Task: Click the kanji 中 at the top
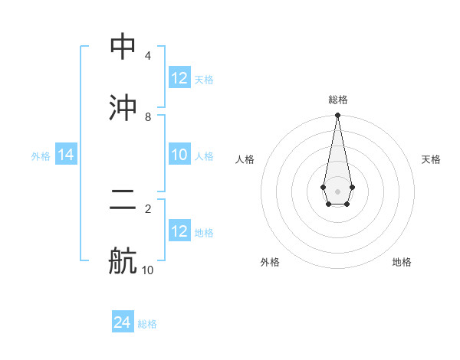pos(123,47)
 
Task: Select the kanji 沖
pos(123,107)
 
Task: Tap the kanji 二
pos(123,201)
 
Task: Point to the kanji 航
pos(123,260)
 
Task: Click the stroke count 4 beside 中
pos(148,56)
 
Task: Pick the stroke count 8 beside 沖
pos(148,116)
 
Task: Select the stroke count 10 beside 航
pos(148,270)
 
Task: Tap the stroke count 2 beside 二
pos(148,208)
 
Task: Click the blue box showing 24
pos(123,322)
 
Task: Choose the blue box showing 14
pos(66,155)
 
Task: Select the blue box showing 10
pos(179,155)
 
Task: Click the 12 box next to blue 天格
pos(179,78)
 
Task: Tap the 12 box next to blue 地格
pos(179,231)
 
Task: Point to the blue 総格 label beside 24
pos(147,324)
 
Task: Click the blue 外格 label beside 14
pos(41,156)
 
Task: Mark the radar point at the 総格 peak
pos(337,116)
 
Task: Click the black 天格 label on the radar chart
pos(432,159)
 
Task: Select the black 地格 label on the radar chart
pos(402,262)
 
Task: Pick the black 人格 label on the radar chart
pos(245,159)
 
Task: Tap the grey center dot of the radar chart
pos(337,191)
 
